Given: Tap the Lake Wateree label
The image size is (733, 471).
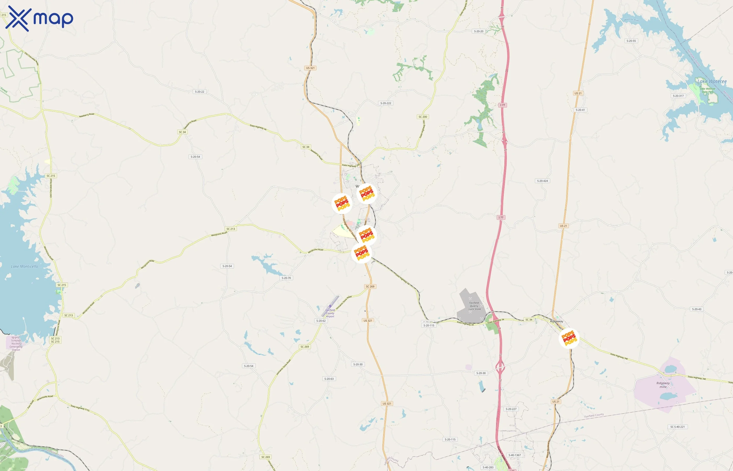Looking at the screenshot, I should pyautogui.click(x=712, y=81).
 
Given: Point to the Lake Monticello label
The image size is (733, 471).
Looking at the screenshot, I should pyautogui.click(x=24, y=266).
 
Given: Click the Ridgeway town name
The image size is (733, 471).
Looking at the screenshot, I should pyautogui.click(x=557, y=321).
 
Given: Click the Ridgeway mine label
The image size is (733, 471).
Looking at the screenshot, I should pyautogui.click(x=663, y=385).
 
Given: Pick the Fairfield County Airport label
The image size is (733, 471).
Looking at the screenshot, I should pyautogui.click(x=330, y=313).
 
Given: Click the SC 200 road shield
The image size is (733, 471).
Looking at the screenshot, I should pyautogui.click(x=423, y=117).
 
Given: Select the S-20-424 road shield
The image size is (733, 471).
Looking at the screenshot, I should pyautogui.click(x=542, y=181).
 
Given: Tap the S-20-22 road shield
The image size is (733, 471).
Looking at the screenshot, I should pyautogui.click(x=199, y=92).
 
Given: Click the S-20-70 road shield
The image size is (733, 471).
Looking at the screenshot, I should pyautogui.click(x=286, y=278).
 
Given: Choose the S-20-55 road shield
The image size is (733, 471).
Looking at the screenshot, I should pyautogui.click(x=631, y=41).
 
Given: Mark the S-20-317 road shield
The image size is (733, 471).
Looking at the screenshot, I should pyautogui.click(x=678, y=96).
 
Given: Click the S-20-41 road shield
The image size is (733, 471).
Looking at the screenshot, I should pyautogui.click(x=580, y=110).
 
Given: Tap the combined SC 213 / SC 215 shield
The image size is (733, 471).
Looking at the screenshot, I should pyautogui.click(x=55, y=340).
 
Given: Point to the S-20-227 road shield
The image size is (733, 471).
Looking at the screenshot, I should pyautogui.click(x=511, y=409).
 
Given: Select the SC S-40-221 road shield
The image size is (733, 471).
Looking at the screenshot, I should pyautogui.click(x=677, y=427).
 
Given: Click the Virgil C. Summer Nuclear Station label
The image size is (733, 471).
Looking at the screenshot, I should pyautogui.click(x=16, y=344).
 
